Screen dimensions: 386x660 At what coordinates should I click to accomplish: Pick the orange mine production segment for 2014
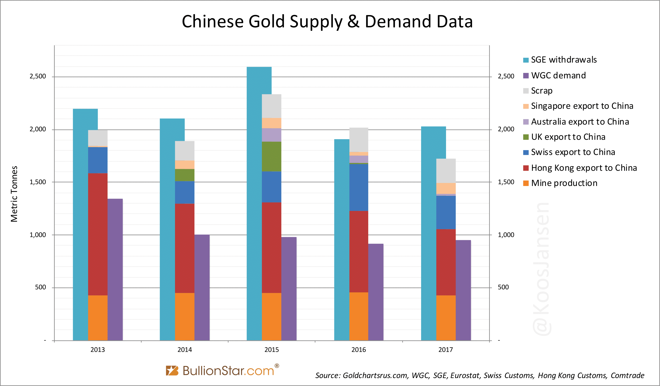click(x=185, y=317)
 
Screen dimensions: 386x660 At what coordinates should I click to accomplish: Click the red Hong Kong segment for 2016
click(x=359, y=252)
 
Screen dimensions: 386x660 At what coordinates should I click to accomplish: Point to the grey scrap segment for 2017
click(x=446, y=171)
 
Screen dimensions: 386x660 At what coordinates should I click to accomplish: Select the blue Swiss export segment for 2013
click(x=98, y=160)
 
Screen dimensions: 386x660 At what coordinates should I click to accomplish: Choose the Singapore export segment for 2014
click(x=185, y=165)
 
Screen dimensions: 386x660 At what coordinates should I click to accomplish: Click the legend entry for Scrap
click(x=542, y=91)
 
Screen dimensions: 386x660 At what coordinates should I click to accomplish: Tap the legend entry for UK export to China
click(x=568, y=137)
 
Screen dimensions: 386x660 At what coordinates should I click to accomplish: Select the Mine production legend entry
click(x=564, y=183)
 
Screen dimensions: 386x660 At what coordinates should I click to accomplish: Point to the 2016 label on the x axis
click(x=359, y=350)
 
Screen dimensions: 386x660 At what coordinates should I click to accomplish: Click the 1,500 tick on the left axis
click(x=37, y=182)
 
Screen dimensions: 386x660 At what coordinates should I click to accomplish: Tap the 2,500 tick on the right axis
click(x=506, y=76)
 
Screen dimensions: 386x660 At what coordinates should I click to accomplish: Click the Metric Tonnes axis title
click(x=14, y=194)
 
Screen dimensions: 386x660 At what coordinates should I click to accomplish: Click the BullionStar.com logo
click(x=223, y=370)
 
